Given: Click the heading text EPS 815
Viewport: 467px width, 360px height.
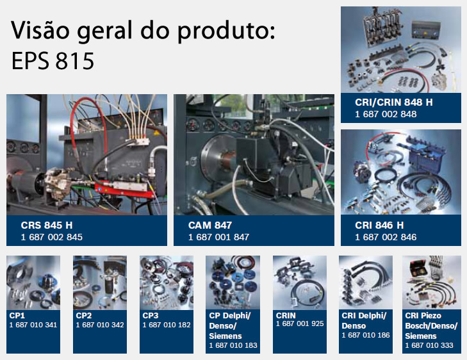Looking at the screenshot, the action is tap(53, 61).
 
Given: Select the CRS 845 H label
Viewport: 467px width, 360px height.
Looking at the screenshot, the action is tap(47, 225).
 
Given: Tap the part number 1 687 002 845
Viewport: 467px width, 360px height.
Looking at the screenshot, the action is tap(51, 237).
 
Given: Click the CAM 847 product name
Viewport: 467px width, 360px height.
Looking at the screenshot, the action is tap(210, 225).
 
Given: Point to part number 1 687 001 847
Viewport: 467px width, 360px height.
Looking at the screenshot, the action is tap(218, 237).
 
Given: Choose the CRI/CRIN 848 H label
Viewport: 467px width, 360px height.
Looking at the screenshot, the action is tap(394, 102).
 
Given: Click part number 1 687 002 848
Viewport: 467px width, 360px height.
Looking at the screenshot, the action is tap(386, 114).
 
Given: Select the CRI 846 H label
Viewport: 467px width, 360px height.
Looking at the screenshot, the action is tap(379, 225).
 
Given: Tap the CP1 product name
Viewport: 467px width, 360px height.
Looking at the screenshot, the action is tap(17, 315).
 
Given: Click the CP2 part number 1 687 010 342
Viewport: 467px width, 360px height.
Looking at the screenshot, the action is tap(100, 325).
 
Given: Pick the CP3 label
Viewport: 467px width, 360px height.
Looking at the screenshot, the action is tap(151, 315).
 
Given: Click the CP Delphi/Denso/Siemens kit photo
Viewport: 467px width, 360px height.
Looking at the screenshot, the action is tap(233, 282).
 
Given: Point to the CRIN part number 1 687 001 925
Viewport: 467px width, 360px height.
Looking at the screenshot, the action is tap(300, 323).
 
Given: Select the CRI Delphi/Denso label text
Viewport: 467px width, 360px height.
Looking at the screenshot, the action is tap(364, 320).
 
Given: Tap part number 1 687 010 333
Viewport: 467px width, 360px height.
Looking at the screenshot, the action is tap(429, 345).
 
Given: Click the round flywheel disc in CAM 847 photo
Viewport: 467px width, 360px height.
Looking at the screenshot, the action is tap(215, 158).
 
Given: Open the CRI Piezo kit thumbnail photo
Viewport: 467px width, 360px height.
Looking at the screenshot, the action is tap(432, 282).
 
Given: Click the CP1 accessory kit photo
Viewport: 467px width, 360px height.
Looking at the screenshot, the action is tap(33, 282).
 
